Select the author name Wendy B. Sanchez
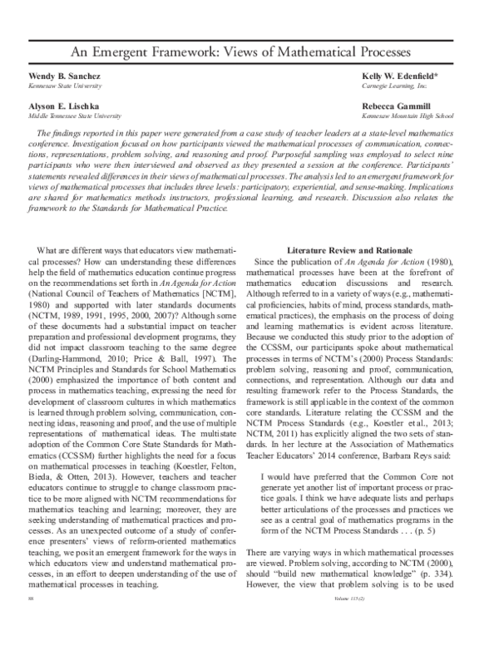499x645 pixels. click(x=52, y=76)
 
